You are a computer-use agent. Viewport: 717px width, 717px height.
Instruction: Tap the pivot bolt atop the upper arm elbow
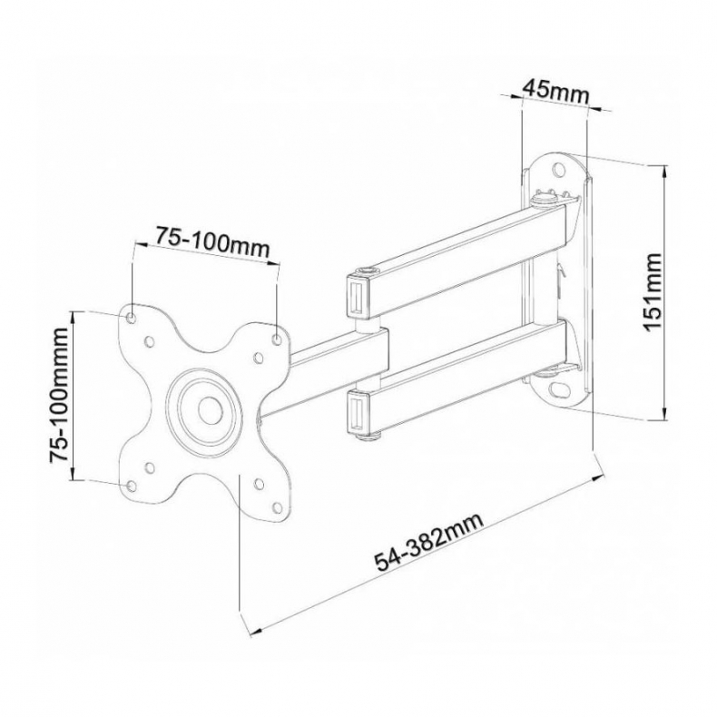click(x=364, y=270)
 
